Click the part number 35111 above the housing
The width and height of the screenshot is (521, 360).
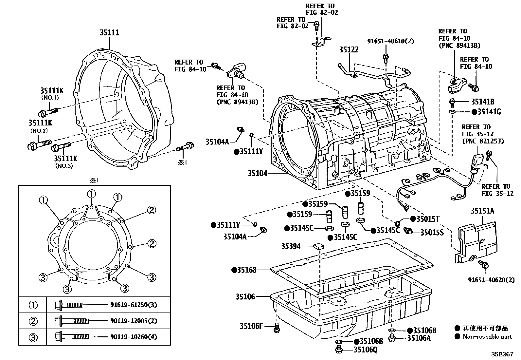tap(109, 32)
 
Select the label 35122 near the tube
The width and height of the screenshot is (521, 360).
tap(349, 49)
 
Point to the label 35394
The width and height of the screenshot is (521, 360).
tap(291, 246)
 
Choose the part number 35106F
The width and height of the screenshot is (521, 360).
tap(251, 326)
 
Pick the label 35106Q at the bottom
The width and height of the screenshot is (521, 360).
tap(365, 350)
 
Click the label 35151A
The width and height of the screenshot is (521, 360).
tap(482, 211)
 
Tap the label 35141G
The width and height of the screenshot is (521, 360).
tap(489, 112)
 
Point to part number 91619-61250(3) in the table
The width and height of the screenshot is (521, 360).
tap(134, 305)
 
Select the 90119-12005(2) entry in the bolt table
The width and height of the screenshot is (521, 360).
tap(134, 321)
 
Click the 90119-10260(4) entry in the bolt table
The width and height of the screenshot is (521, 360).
tap(134, 337)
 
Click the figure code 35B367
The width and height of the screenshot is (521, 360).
tap(502, 354)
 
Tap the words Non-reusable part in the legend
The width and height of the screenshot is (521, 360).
tap(487, 336)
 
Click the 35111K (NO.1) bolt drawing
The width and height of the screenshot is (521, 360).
tap(48, 111)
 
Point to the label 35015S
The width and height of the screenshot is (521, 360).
tap(432, 232)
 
